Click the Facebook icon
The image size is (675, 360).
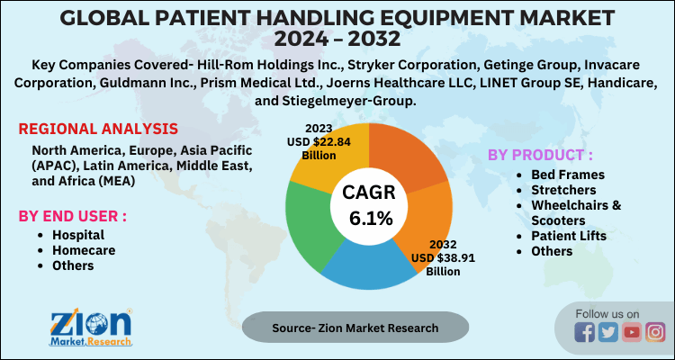tap(584, 332)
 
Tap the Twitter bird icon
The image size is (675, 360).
tap(608, 332)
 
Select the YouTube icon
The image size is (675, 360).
tap(632, 332)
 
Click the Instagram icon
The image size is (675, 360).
tap(655, 332)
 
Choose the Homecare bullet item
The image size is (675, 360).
tap(83, 249)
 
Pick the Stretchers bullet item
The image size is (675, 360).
tap(563, 189)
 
